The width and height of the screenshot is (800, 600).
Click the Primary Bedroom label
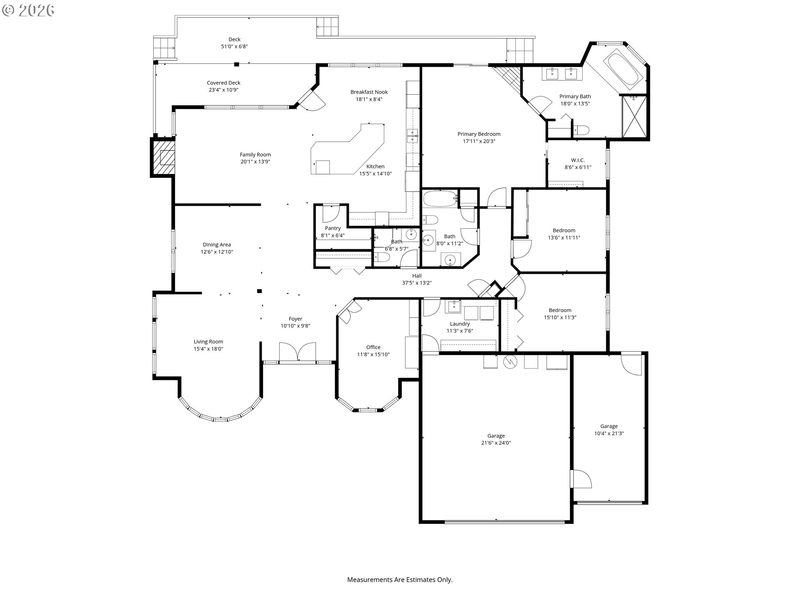pos(479,134)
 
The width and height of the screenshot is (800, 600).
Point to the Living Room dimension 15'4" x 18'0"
pos(208,349)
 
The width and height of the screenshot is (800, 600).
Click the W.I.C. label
pos(578,160)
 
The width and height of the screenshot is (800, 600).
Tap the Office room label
pos(373,347)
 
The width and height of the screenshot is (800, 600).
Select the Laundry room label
pos(460,324)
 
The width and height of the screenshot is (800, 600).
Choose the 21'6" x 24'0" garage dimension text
pos(496,443)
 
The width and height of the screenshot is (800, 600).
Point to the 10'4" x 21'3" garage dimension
pos(609,434)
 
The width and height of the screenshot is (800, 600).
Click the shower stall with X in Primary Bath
pos(634,117)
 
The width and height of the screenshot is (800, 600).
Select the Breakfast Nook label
pos(369,92)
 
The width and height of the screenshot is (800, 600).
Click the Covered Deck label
pos(224,83)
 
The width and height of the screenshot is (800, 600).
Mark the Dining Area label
pos(217,245)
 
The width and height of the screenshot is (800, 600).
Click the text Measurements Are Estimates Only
pos(400,580)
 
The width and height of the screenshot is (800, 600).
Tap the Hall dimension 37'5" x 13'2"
pos(417,283)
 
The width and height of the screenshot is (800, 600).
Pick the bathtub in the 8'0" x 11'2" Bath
pos(440,199)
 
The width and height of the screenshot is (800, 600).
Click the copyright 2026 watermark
pos(28,10)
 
